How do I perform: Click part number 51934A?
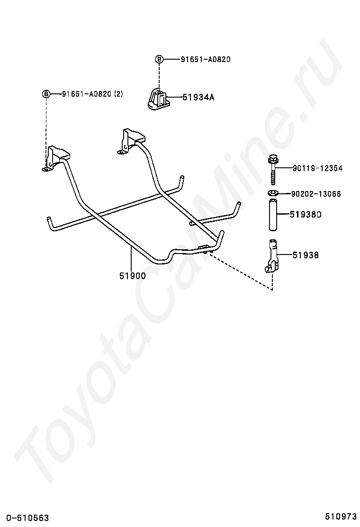pos(198,98)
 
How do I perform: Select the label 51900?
pos(132,275)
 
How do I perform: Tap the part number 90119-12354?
pos(317,168)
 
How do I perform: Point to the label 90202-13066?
pos(315,194)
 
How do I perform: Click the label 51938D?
pos(306,214)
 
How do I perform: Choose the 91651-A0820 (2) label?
pos(92,94)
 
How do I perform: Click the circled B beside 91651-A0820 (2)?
pos(46,94)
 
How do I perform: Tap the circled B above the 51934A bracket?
pos(159,59)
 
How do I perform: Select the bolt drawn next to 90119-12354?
pos(272,171)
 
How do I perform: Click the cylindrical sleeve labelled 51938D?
pos(273,216)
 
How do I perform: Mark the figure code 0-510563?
pos(27,518)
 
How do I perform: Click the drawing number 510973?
pos(341,516)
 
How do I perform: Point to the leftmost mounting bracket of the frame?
pos(55,159)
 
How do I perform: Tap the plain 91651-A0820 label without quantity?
pos(205,60)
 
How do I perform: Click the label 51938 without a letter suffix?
pos(305,255)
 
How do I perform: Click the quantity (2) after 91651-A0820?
pos(117,94)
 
